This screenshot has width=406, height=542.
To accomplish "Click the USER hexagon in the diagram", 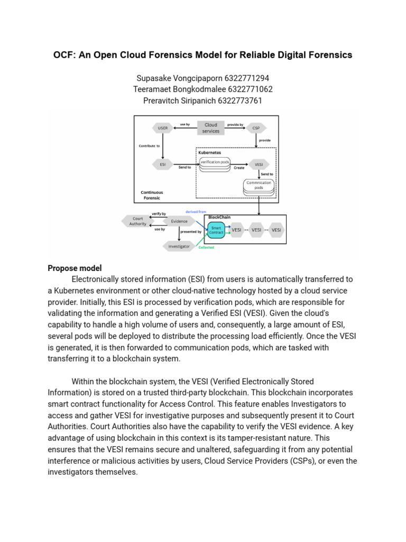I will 162,128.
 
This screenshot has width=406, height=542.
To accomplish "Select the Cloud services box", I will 211,128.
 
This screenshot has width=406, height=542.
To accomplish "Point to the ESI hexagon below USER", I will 162,164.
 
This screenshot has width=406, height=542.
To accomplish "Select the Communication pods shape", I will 259,185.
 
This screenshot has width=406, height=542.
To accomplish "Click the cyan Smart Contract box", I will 217,230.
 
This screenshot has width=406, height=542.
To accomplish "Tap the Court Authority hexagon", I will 138,221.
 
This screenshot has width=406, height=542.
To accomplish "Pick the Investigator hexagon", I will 179,246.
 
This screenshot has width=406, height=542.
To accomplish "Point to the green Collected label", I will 206,247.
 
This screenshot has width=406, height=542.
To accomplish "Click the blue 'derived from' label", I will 196,212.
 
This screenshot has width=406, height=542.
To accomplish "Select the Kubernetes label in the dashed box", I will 210,151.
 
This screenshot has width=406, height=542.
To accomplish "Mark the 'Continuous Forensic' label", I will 152,195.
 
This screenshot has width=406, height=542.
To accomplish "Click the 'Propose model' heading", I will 75,268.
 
